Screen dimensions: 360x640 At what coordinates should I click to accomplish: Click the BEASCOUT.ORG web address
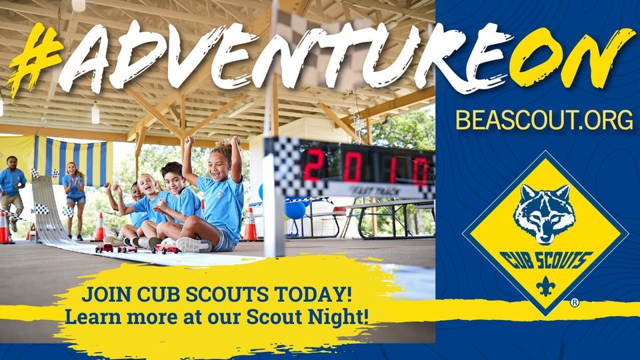click(x=543, y=120)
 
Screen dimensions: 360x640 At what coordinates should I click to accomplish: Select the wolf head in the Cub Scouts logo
click(x=545, y=213)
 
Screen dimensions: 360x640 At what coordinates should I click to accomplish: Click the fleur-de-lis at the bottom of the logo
click(x=545, y=286)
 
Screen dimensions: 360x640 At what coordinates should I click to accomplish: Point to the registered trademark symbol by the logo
click(x=574, y=303)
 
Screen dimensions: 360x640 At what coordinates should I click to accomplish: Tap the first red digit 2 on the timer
click(x=313, y=165)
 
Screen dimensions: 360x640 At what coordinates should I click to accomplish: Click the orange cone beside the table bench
click(x=251, y=225)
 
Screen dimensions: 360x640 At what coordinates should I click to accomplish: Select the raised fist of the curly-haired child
click(x=235, y=141)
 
